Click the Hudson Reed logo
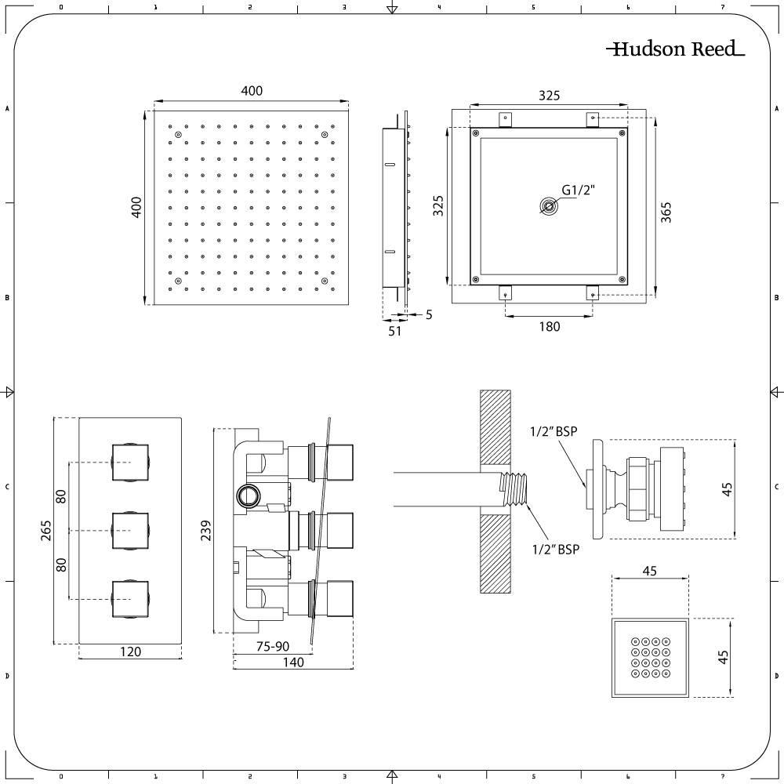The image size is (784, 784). (x=676, y=49)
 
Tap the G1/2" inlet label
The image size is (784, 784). (x=579, y=190)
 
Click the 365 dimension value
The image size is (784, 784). (x=666, y=212)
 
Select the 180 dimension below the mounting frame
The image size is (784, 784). (x=549, y=326)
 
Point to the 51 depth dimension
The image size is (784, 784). (x=394, y=331)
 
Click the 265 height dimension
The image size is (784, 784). (x=46, y=531)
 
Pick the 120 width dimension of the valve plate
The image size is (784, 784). (x=130, y=652)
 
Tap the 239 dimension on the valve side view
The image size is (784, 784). (x=206, y=531)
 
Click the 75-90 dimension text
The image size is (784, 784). (x=273, y=647)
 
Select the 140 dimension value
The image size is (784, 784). (x=293, y=662)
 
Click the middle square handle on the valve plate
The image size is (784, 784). (x=130, y=531)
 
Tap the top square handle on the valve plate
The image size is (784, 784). (x=130, y=463)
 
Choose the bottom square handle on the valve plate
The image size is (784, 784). (x=130, y=599)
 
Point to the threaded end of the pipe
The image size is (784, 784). (x=515, y=489)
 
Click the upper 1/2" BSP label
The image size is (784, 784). (x=554, y=431)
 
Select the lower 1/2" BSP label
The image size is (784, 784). (x=556, y=550)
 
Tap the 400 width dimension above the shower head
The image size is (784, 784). (x=252, y=90)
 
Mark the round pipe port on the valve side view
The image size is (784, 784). (x=248, y=496)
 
